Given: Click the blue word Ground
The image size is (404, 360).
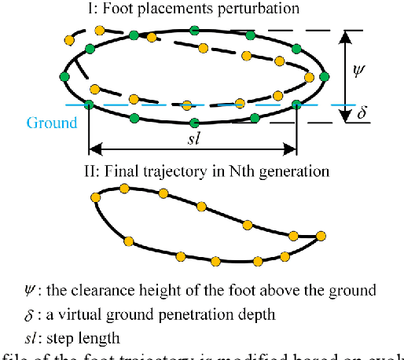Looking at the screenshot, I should point(52,123).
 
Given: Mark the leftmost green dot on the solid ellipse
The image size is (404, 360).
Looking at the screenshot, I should point(64,76).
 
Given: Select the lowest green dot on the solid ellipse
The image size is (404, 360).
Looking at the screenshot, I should point(194,122).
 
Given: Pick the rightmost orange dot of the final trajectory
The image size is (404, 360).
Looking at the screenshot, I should point(321,234).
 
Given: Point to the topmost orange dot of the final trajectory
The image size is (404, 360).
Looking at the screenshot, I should point(123,188).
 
